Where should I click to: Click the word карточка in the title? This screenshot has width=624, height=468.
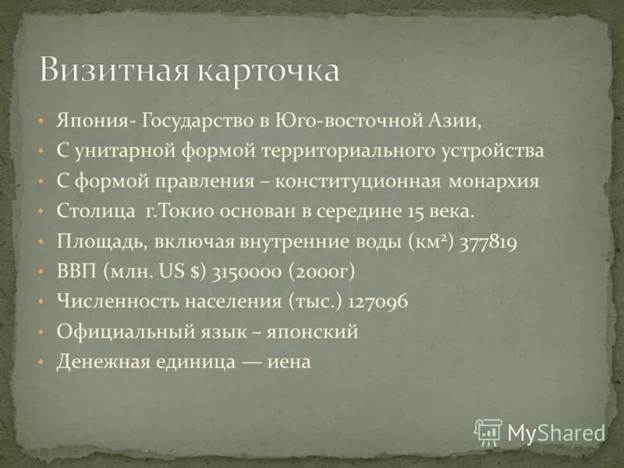click(265, 70)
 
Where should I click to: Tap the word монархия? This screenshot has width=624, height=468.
click(494, 182)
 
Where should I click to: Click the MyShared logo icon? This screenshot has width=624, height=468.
click(488, 431)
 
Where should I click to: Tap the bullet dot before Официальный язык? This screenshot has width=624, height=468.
click(41, 332)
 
